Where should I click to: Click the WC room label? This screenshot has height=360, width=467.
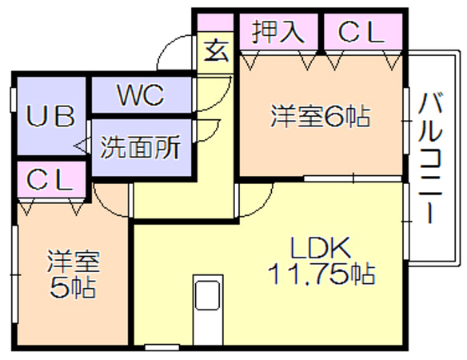pos(141,95)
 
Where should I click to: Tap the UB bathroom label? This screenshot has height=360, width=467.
pos(50,116)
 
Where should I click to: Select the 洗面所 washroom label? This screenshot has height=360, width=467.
pos(141,147)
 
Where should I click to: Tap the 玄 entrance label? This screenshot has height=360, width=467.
pos(216,50)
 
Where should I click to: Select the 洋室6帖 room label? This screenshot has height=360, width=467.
pos(321,116)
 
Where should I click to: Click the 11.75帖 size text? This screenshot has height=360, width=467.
pos(321,274)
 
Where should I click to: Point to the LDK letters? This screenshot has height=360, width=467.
pos(321,248)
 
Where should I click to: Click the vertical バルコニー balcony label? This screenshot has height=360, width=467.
pos(430,158)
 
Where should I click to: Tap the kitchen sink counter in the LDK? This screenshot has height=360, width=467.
pos(208,310)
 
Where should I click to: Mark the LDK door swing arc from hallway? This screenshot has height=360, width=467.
pos(262,206)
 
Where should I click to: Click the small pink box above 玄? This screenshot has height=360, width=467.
pos(215,22)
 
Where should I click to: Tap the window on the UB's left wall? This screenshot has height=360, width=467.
pos(13,99)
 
